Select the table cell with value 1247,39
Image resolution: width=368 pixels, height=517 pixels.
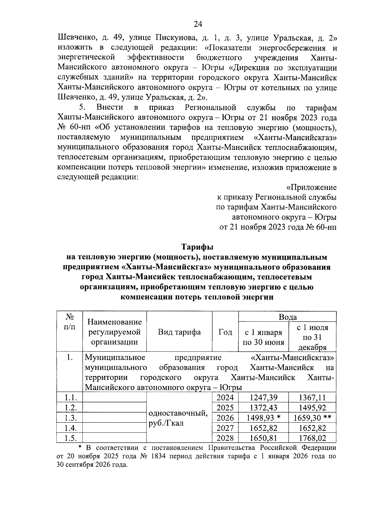click(263, 398)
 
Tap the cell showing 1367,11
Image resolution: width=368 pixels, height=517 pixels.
click(312, 398)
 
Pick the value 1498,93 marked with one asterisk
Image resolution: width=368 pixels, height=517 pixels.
click(263, 418)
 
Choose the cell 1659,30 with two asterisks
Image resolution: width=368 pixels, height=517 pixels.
click(312, 418)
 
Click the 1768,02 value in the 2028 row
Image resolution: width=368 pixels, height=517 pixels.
click(312, 438)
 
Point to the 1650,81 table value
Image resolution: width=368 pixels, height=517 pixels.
click(263, 438)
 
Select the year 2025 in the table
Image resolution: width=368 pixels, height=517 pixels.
click(225, 408)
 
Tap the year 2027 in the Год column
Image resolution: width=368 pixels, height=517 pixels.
click(225, 428)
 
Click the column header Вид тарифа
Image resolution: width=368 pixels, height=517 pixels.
click(179, 332)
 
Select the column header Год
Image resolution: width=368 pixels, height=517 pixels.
click(225, 332)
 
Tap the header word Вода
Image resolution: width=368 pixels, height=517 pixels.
click(287, 317)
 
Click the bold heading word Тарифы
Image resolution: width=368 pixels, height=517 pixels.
click(197, 247)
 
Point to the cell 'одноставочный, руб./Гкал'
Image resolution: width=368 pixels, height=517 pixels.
click(178, 418)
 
